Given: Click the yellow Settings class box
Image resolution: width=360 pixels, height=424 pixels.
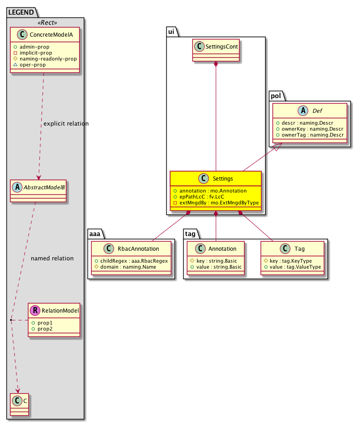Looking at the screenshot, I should (215, 190).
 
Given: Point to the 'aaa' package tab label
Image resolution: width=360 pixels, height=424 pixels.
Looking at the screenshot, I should (95, 234).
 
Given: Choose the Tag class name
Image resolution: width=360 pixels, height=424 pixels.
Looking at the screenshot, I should (300, 249).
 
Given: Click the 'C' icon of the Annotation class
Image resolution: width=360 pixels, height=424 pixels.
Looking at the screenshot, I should (198, 249).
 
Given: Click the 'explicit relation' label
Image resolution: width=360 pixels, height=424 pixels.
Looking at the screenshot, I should (66, 124).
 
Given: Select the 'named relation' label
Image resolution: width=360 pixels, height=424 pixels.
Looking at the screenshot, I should (52, 259).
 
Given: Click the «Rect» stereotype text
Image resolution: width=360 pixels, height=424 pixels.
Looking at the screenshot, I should (45, 22).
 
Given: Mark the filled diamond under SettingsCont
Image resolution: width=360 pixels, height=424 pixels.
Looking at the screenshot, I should (216, 65).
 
